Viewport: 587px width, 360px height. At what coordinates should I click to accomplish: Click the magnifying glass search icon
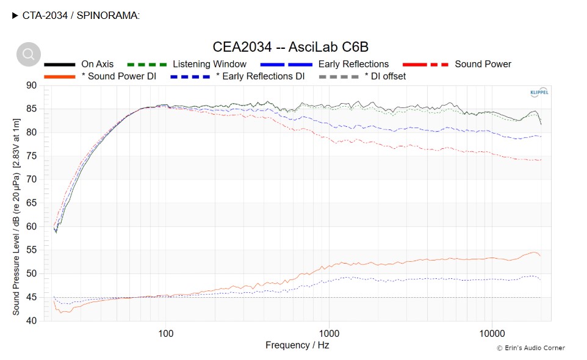[x=29, y=54]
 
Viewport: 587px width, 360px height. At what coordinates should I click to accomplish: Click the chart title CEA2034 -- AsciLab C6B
[x=290, y=47]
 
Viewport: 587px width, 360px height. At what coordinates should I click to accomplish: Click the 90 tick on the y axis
[x=31, y=85]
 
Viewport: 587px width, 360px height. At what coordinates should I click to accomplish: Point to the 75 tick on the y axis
[x=31, y=156]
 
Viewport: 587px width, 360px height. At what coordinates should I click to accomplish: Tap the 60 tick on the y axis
[x=31, y=226]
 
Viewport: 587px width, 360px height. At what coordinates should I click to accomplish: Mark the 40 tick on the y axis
[x=31, y=320]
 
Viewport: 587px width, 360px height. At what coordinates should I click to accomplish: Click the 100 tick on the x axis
[x=165, y=333]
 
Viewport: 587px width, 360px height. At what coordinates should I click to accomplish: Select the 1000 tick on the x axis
[x=329, y=333]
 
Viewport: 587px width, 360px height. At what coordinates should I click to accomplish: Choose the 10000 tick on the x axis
[x=492, y=333]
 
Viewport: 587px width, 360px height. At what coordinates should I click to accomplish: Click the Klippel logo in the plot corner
[x=540, y=93]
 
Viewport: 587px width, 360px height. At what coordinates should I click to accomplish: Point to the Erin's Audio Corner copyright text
[x=530, y=348]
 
